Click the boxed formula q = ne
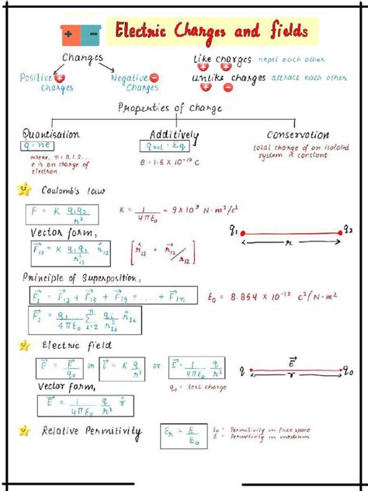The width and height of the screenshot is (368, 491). click(39, 145)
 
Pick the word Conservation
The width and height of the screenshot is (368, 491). click(297, 134)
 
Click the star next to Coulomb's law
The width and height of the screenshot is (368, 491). click(24, 189)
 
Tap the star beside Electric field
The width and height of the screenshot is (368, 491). click(24, 344)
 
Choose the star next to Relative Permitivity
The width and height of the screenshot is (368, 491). click(24, 430)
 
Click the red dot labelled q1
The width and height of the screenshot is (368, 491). click(242, 232)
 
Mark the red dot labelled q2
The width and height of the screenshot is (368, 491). click(339, 232)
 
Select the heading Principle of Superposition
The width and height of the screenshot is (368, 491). click(85, 277)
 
